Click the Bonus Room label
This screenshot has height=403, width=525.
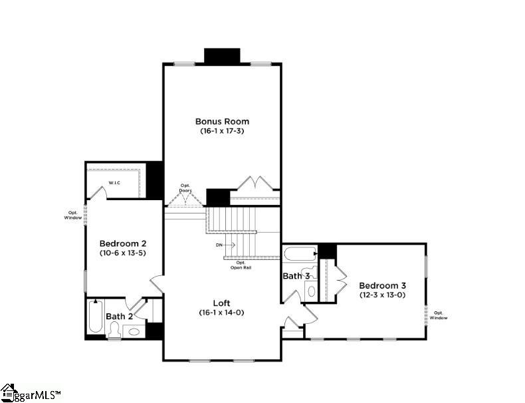tap(222, 121)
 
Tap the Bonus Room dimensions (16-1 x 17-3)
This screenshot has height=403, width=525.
tap(222, 132)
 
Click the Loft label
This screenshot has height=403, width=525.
tap(222, 302)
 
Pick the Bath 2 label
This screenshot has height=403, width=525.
tap(120, 316)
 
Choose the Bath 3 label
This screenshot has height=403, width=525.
tap(296, 275)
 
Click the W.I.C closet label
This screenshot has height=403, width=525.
tap(114, 183)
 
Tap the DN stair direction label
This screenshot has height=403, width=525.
tap(219, 245)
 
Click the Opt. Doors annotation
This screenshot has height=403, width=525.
tap(185, 189)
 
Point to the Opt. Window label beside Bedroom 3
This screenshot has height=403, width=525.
tap(439, 315)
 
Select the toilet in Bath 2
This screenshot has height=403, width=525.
tap(114, 331)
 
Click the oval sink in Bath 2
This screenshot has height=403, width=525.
tap(135, 331)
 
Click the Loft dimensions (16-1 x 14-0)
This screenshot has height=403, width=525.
tap(222, 313)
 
